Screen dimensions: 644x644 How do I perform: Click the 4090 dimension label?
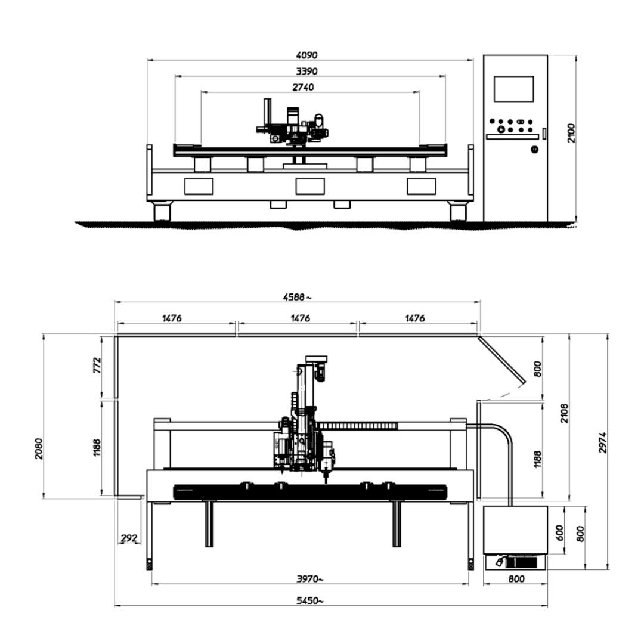coord(306,55)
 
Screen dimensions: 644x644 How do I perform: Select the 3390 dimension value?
coord(306,71)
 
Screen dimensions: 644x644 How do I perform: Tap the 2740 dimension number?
coord(303,87)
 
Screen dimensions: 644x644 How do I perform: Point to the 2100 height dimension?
coord(571,133)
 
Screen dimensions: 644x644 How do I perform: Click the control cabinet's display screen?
coord(513,89)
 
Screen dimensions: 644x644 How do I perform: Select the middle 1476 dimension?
coord(300,318)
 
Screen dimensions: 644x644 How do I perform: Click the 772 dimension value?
coord(97,365)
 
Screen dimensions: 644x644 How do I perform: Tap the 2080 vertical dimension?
coord(39,449)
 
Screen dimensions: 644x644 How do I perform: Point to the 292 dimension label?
coord(129,538)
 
